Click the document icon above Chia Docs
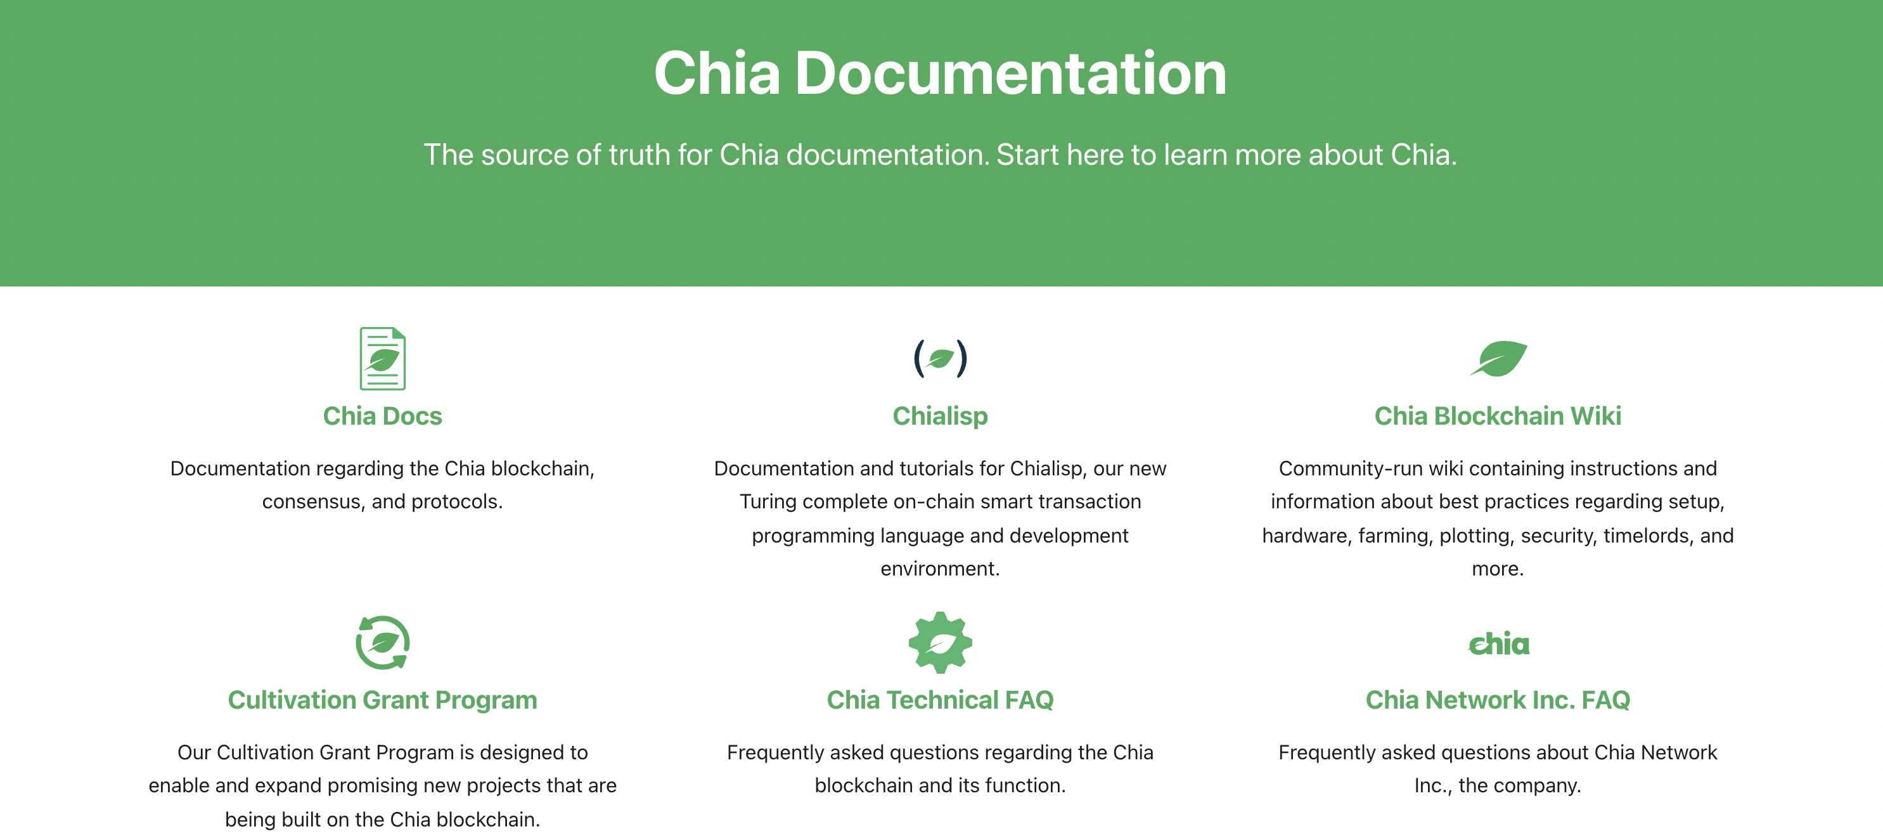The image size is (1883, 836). click(x=382, y=358)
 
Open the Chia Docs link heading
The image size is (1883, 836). click(x=382, y=416)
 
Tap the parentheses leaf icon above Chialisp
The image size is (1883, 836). click(x=940, y=358)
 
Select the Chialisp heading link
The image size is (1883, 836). click(x=940, y=416)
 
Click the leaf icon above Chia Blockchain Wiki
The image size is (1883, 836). click(x=1498, y=359)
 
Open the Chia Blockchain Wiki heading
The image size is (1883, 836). click(x=1498, y=416)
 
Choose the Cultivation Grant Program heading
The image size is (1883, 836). click(x=382, y=700)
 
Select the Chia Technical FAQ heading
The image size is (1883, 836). click(x=940, y=700)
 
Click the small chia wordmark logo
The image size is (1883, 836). click(x=1498, y=644)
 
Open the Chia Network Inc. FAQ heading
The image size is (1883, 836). click(x=1498, y=700)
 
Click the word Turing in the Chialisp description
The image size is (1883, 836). click(x=767, y=502)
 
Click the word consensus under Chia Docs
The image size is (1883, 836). click(x=311, y=502)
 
